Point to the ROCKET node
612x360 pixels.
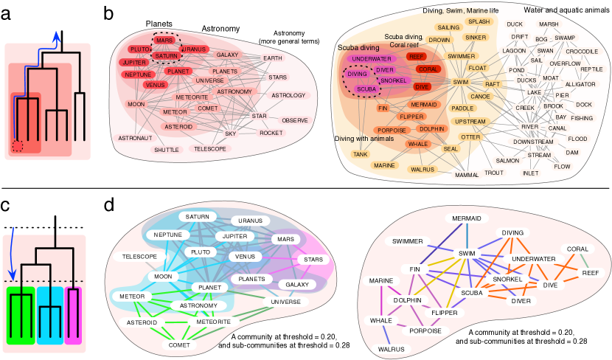point(271,133)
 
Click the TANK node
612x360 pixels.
point(361,154)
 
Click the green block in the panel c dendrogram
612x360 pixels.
point(20,316)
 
